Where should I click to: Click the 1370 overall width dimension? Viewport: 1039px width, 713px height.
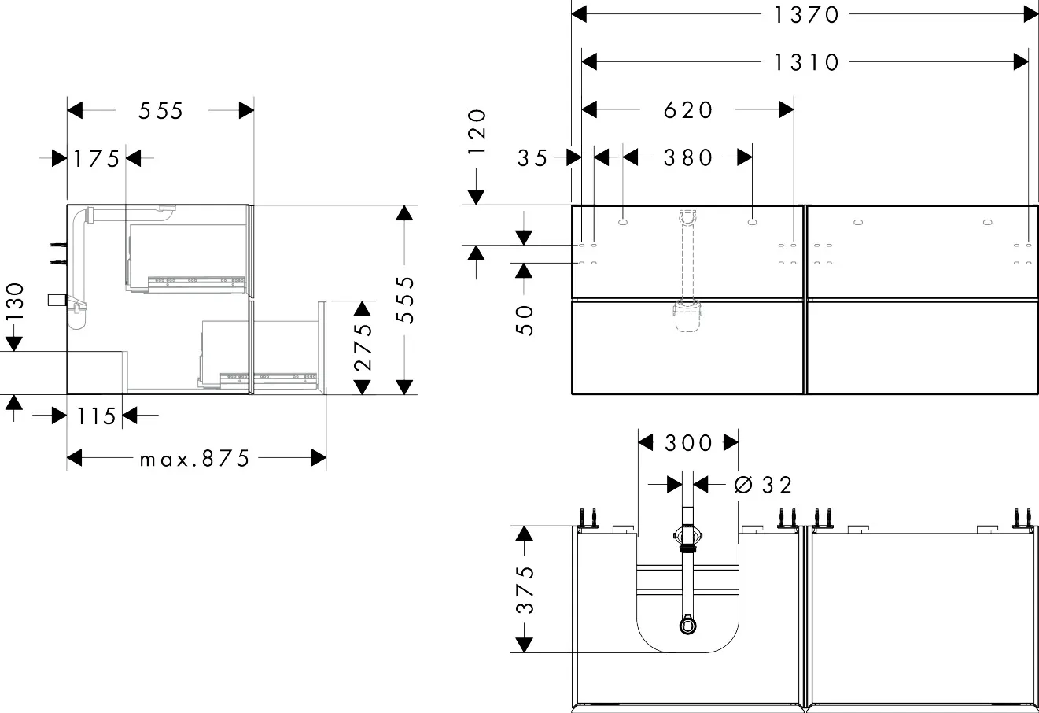tap(806, 14)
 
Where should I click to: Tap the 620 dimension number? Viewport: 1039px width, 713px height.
tap(687, 109)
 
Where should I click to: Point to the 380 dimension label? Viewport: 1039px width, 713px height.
tap(687, 157)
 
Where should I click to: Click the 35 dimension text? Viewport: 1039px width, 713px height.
tap(532, 157)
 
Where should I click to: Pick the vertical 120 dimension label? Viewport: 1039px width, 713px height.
tap(477, 135)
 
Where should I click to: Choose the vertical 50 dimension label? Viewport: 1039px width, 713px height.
tap(525, 320)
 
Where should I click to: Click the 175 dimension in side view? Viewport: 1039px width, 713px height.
tap(97, 159)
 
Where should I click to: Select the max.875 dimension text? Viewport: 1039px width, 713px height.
tap(194, 458)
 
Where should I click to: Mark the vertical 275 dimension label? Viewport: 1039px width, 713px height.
tap(362, 347)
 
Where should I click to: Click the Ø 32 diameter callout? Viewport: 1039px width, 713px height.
tap(763, 485)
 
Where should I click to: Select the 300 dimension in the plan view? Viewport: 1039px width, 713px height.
tap(688, 443)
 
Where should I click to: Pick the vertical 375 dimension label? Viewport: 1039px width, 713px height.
tap(525, 589)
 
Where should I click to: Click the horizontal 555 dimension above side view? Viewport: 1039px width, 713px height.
tap(160, 111)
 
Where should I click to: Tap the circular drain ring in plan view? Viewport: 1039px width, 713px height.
tap(688, 626)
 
